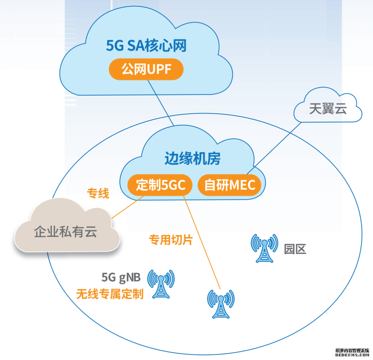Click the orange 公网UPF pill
[x=146, y=70]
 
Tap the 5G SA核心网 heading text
[x=146, y=45]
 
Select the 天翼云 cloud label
[x=328, y=109]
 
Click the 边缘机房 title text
[x=192, y=158]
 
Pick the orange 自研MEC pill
[x=230, y=185]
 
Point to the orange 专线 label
[x=98, y=194]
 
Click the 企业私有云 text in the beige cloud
[x=65, y=232]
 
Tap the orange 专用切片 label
[x=171, y=240]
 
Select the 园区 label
[x=295, y=249]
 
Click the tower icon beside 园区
[x=264, y=248]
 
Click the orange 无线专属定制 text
[x=110, y=294]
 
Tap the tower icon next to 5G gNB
[x=161, y=284]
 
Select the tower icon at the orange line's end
[x=220, y=303]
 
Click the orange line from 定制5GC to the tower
[x=202, y=242]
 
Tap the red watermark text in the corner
[x=352, y=353]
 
